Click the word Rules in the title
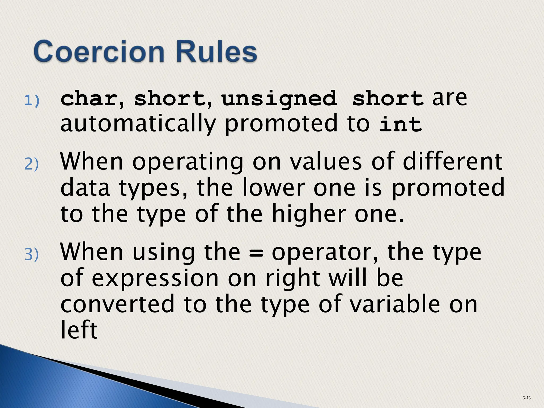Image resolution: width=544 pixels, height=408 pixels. (x=216, y=52)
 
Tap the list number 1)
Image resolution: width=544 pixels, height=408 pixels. (x=32, y=101)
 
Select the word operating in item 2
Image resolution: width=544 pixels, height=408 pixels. (x=188, y=163)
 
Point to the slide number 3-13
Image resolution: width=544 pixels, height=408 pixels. (x=526, y=398)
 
